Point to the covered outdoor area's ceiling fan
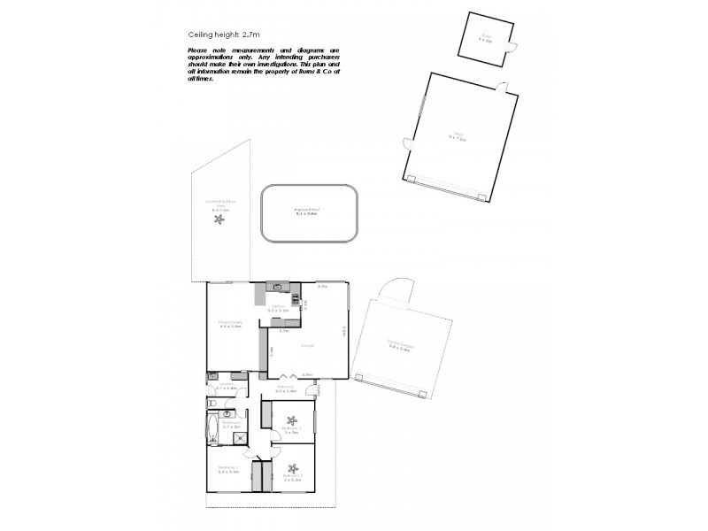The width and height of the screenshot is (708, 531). (219, 219)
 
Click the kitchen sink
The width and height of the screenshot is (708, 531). (276, 287)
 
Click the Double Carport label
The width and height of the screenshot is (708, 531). (397, 346)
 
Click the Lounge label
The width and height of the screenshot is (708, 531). (306, 345)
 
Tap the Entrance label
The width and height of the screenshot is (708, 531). (285, 388)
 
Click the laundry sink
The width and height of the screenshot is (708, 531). (212, 377)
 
